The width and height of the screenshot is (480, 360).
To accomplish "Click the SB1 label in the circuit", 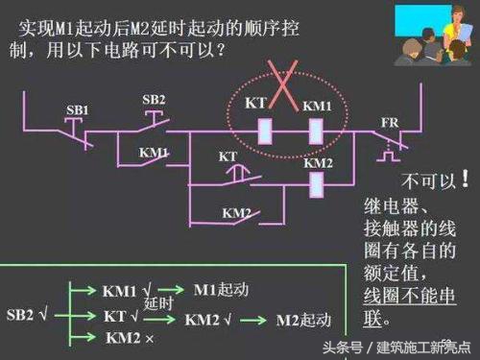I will tap(78, 110).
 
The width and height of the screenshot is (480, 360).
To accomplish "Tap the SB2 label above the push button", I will tap(154, 100).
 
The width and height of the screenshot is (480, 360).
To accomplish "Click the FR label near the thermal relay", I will tap(389, 124).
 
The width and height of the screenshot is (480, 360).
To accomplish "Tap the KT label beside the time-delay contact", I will tap(228, 155).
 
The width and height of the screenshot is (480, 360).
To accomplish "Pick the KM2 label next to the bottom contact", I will tap(236, 212).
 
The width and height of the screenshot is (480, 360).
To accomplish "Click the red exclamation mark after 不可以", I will tap(466, 179).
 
